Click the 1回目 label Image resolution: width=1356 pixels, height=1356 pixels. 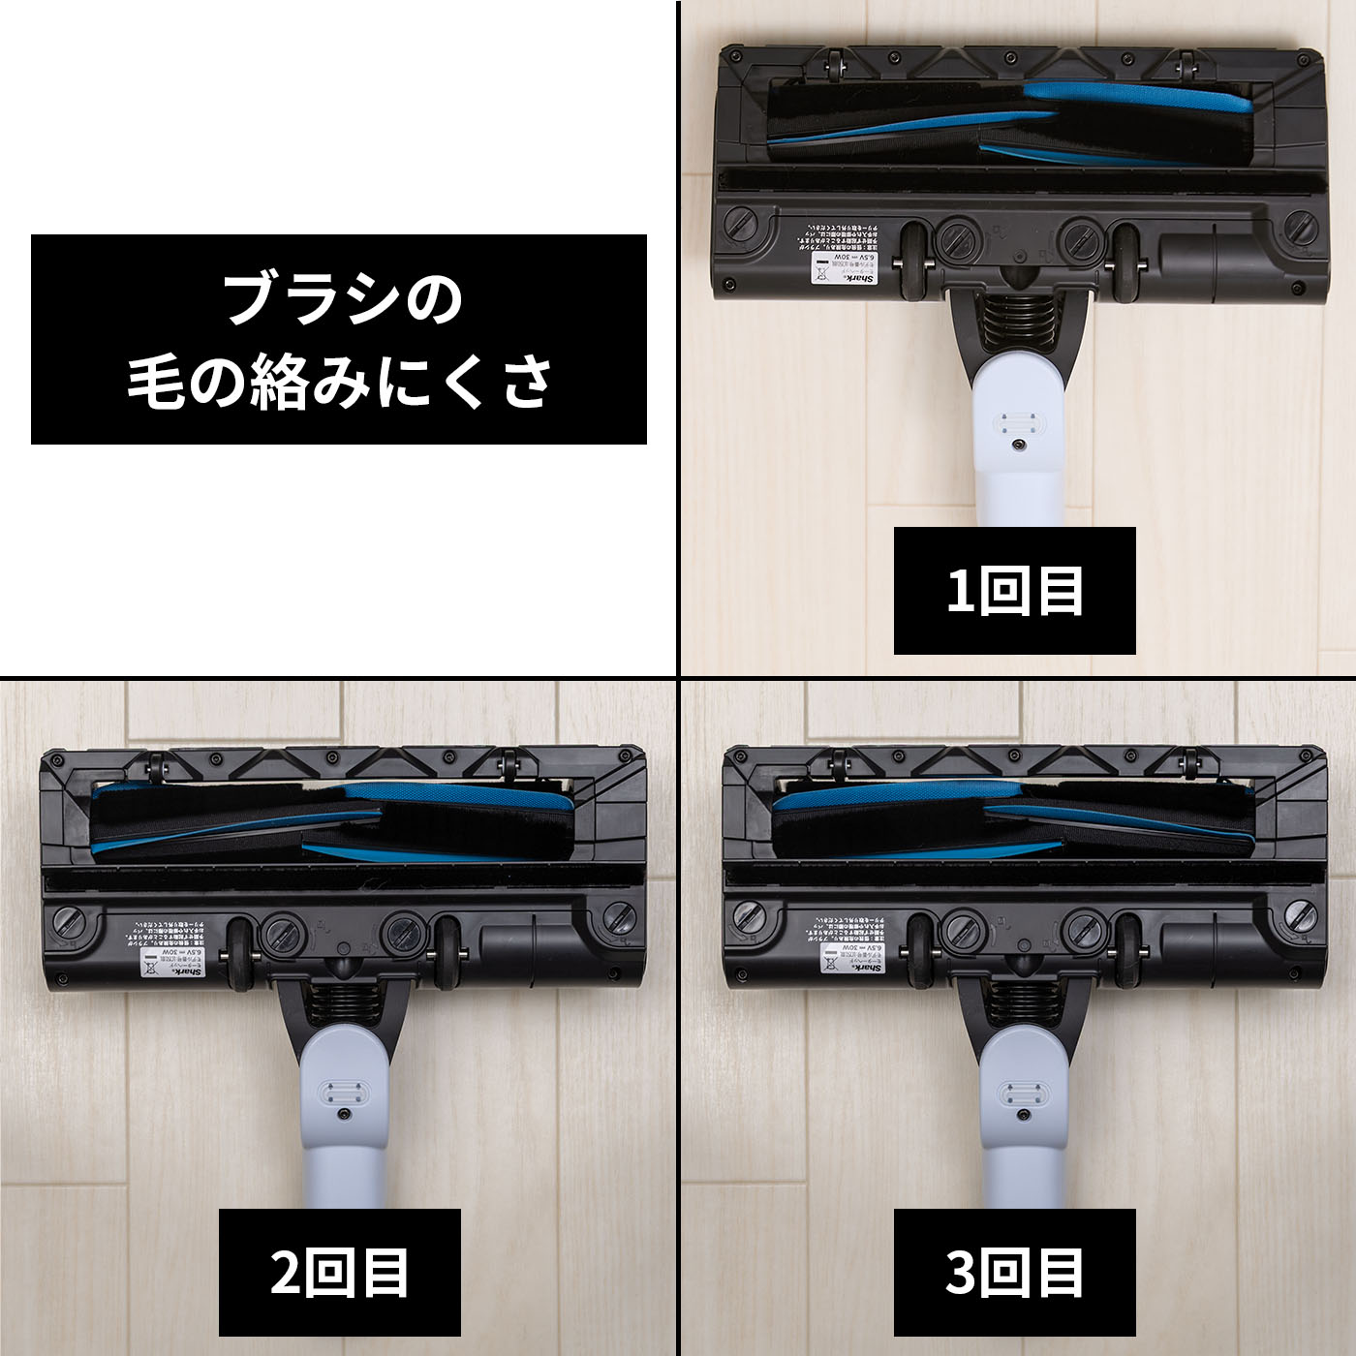click(x=1014, y=590)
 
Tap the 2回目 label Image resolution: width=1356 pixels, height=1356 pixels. click(x=339, y=1272)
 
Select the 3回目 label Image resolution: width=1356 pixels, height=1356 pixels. click(x=1014, y=1272)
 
